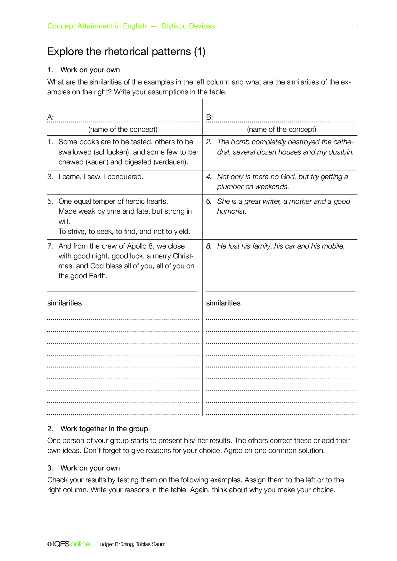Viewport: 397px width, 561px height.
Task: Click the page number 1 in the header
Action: tap(358, 27)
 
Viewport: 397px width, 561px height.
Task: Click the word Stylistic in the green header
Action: tap(174, 26)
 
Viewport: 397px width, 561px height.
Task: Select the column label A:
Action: tap(51, 117)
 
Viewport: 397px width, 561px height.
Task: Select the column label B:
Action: tap(209, 117)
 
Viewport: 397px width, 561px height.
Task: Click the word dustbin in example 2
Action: tap(341, 152)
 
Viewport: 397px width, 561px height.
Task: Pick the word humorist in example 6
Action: tap(231, 211)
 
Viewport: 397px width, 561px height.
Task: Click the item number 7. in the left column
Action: tap(50, 246)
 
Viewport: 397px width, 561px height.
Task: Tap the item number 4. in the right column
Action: tap(209, 177)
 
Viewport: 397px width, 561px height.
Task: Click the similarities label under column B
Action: tap(223, 303)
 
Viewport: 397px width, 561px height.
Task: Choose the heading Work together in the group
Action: tap(104, 429)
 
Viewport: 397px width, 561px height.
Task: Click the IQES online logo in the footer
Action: tap(71, 544)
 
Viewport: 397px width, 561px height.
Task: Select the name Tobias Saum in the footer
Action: tap(150, 544)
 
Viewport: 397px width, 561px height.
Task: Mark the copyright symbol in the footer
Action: tap(49, 544)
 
